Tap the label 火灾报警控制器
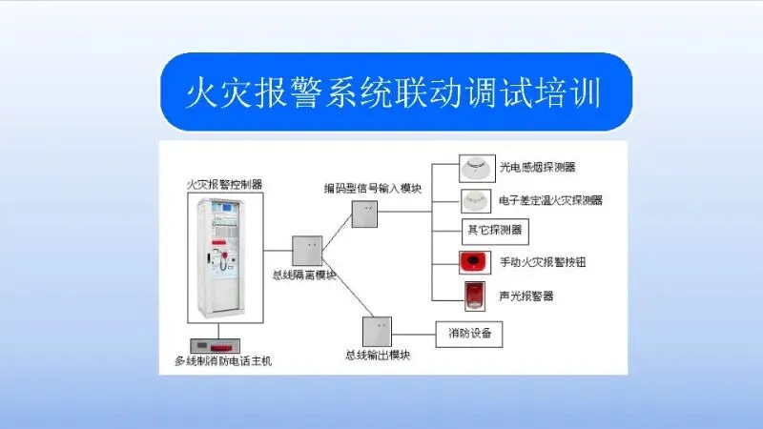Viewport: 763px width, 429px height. pos(224,182)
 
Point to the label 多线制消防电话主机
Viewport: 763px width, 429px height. pos(224,361)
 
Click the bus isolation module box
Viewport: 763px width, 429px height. pos(306,251)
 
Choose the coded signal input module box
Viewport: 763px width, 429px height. pos(365,214)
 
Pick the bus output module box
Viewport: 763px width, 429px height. pos(376,331)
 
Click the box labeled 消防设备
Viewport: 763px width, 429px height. pos(469,334)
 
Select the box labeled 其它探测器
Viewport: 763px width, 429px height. pos(493,230)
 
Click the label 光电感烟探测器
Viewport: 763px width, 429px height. pos(538,169)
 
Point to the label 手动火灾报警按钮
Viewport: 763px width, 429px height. pos(542,261)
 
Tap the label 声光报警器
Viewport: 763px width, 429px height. pos(526,296)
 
